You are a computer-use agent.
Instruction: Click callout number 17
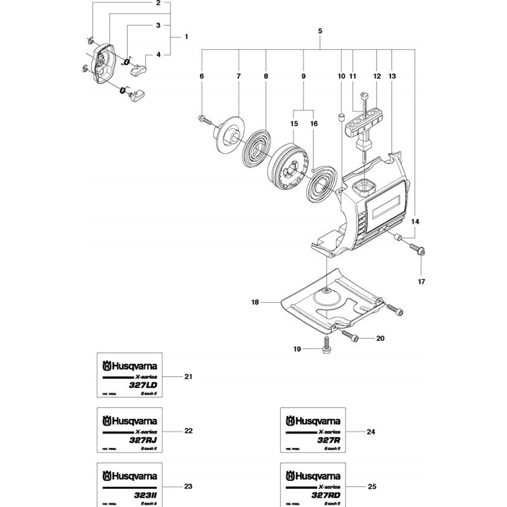tap(421, 281)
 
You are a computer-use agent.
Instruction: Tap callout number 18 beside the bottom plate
tap(255, 302)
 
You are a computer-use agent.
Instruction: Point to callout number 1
tap(186, 37)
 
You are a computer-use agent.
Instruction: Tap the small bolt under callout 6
tap(204, 120)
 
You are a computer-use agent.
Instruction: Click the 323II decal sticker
tap(130, 484)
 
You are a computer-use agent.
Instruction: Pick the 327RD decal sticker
tap(313, 484)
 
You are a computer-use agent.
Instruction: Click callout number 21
tap(189, 377)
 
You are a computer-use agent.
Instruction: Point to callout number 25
tap(372, 486)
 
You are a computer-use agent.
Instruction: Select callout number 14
tap(416, 222)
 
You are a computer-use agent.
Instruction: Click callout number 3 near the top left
tap(158, 25)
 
